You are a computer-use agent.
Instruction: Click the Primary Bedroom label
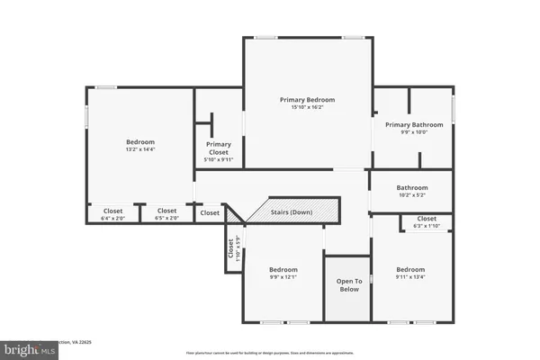pos(307,100)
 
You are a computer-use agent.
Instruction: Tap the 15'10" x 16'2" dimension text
pos(307,108)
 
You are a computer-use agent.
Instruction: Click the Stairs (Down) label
pos(292,212)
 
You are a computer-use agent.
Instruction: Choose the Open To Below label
pos(348,284)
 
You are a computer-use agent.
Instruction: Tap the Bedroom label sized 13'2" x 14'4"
pos(139,141)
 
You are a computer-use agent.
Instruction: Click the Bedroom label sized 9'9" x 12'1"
pos(283,269)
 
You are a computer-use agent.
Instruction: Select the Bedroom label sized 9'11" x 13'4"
pos(410,269)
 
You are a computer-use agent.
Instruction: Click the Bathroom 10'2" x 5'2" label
pos(412,187)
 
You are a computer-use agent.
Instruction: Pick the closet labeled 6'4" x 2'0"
pos(112,211)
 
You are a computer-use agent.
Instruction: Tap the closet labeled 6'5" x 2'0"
pos(166,211)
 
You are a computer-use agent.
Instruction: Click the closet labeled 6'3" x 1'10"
pos(427,219)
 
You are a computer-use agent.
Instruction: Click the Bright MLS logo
pos(29,349)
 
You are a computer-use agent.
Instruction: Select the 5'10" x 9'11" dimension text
pos(219,161)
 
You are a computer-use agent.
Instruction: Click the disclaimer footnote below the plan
pos(270,353)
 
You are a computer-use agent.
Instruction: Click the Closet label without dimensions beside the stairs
pos(210,213)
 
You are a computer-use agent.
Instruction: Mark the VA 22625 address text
pos(85,342)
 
